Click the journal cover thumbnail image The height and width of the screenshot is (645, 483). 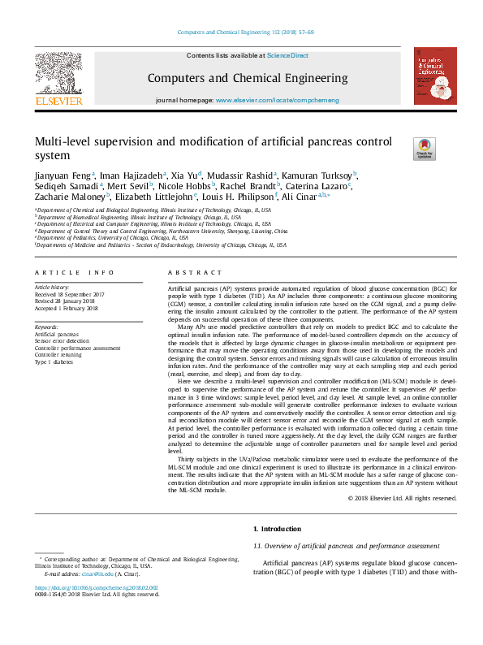[434, 76]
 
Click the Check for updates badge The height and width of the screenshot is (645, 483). [424, 149]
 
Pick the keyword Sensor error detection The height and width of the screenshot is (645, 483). [63, 341]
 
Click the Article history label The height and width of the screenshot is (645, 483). [53, 288]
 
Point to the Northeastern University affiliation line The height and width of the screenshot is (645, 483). [162, 231]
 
